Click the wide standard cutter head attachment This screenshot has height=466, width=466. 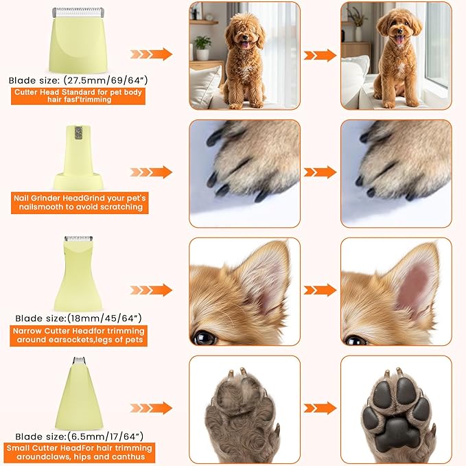[x=78, y=40]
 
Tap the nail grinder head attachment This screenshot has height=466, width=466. [x=78, y=158]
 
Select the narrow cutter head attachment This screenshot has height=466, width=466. [x=78, y=273]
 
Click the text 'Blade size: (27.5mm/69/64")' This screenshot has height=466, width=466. [x=78, y=80]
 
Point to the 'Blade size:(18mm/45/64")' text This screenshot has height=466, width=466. [x=78, y=318]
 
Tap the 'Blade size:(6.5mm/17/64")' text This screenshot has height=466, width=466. [x=79, y=436]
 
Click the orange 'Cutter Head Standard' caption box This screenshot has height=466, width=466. [x=78, y=96]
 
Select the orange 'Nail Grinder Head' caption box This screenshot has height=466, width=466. [x=80, y=202]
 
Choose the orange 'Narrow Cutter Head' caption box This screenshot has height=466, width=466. [x=78, y=336]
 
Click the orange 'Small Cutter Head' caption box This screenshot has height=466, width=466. [x=80, y=453]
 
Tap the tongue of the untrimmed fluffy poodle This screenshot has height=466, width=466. [x=244, y=45]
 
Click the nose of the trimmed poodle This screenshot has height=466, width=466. [x=399, y=31]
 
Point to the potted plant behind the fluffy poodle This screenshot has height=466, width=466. [x=202, y=47]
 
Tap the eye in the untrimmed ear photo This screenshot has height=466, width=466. [x=204, y=338]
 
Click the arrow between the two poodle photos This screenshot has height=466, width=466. [x=320, y=56]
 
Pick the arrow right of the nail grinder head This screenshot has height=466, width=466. [x=151, y=172]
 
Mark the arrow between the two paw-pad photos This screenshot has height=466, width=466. [x=320, y=408]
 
